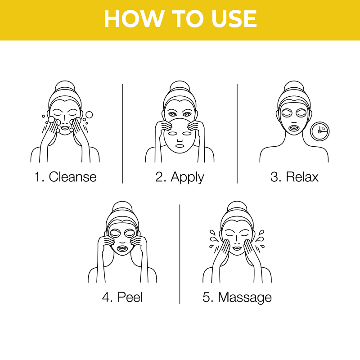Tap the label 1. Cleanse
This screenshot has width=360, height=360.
pos(65,177)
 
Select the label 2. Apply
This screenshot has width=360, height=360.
pos(180,177)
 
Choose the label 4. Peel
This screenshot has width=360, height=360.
pos(122,297)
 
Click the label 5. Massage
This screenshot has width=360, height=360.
pos(237,297)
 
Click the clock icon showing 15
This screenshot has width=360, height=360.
pos(319,131)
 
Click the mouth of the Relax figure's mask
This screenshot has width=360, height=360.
pos(294,127)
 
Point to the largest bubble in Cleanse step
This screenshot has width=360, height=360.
pos(89,115)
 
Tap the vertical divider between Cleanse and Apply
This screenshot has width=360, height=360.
pos(122,133)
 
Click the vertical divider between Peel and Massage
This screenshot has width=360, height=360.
pos(180,254)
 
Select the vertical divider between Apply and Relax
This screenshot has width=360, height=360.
pos(237,133)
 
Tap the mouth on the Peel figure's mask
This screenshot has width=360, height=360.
pos(122,248)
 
